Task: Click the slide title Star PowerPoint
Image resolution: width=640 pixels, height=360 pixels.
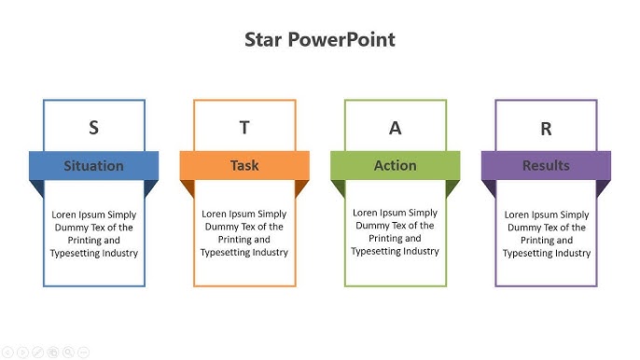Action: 319,39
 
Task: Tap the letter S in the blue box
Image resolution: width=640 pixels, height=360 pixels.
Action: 93,128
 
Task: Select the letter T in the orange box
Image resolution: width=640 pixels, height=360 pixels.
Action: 244,128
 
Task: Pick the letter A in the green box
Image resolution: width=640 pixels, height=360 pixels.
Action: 396,129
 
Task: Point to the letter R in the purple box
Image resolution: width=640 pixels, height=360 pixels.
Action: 546,130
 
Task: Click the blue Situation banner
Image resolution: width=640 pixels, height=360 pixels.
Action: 93,165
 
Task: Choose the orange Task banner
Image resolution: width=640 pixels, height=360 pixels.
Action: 244,165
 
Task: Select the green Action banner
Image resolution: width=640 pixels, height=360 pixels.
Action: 396,165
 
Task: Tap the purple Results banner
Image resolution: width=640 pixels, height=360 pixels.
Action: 546,165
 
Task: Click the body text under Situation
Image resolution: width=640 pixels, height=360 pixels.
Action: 93,233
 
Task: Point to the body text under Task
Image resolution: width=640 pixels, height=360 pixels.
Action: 244,233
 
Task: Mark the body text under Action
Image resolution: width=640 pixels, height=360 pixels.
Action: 396,231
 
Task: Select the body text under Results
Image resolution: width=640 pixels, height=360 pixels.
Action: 547,233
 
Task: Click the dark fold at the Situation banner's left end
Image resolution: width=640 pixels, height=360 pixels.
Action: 38,187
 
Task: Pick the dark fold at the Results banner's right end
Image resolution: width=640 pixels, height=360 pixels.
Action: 603,187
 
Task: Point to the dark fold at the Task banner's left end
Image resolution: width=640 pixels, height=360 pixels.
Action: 188,187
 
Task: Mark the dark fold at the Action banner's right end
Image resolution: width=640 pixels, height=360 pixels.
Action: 452,187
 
